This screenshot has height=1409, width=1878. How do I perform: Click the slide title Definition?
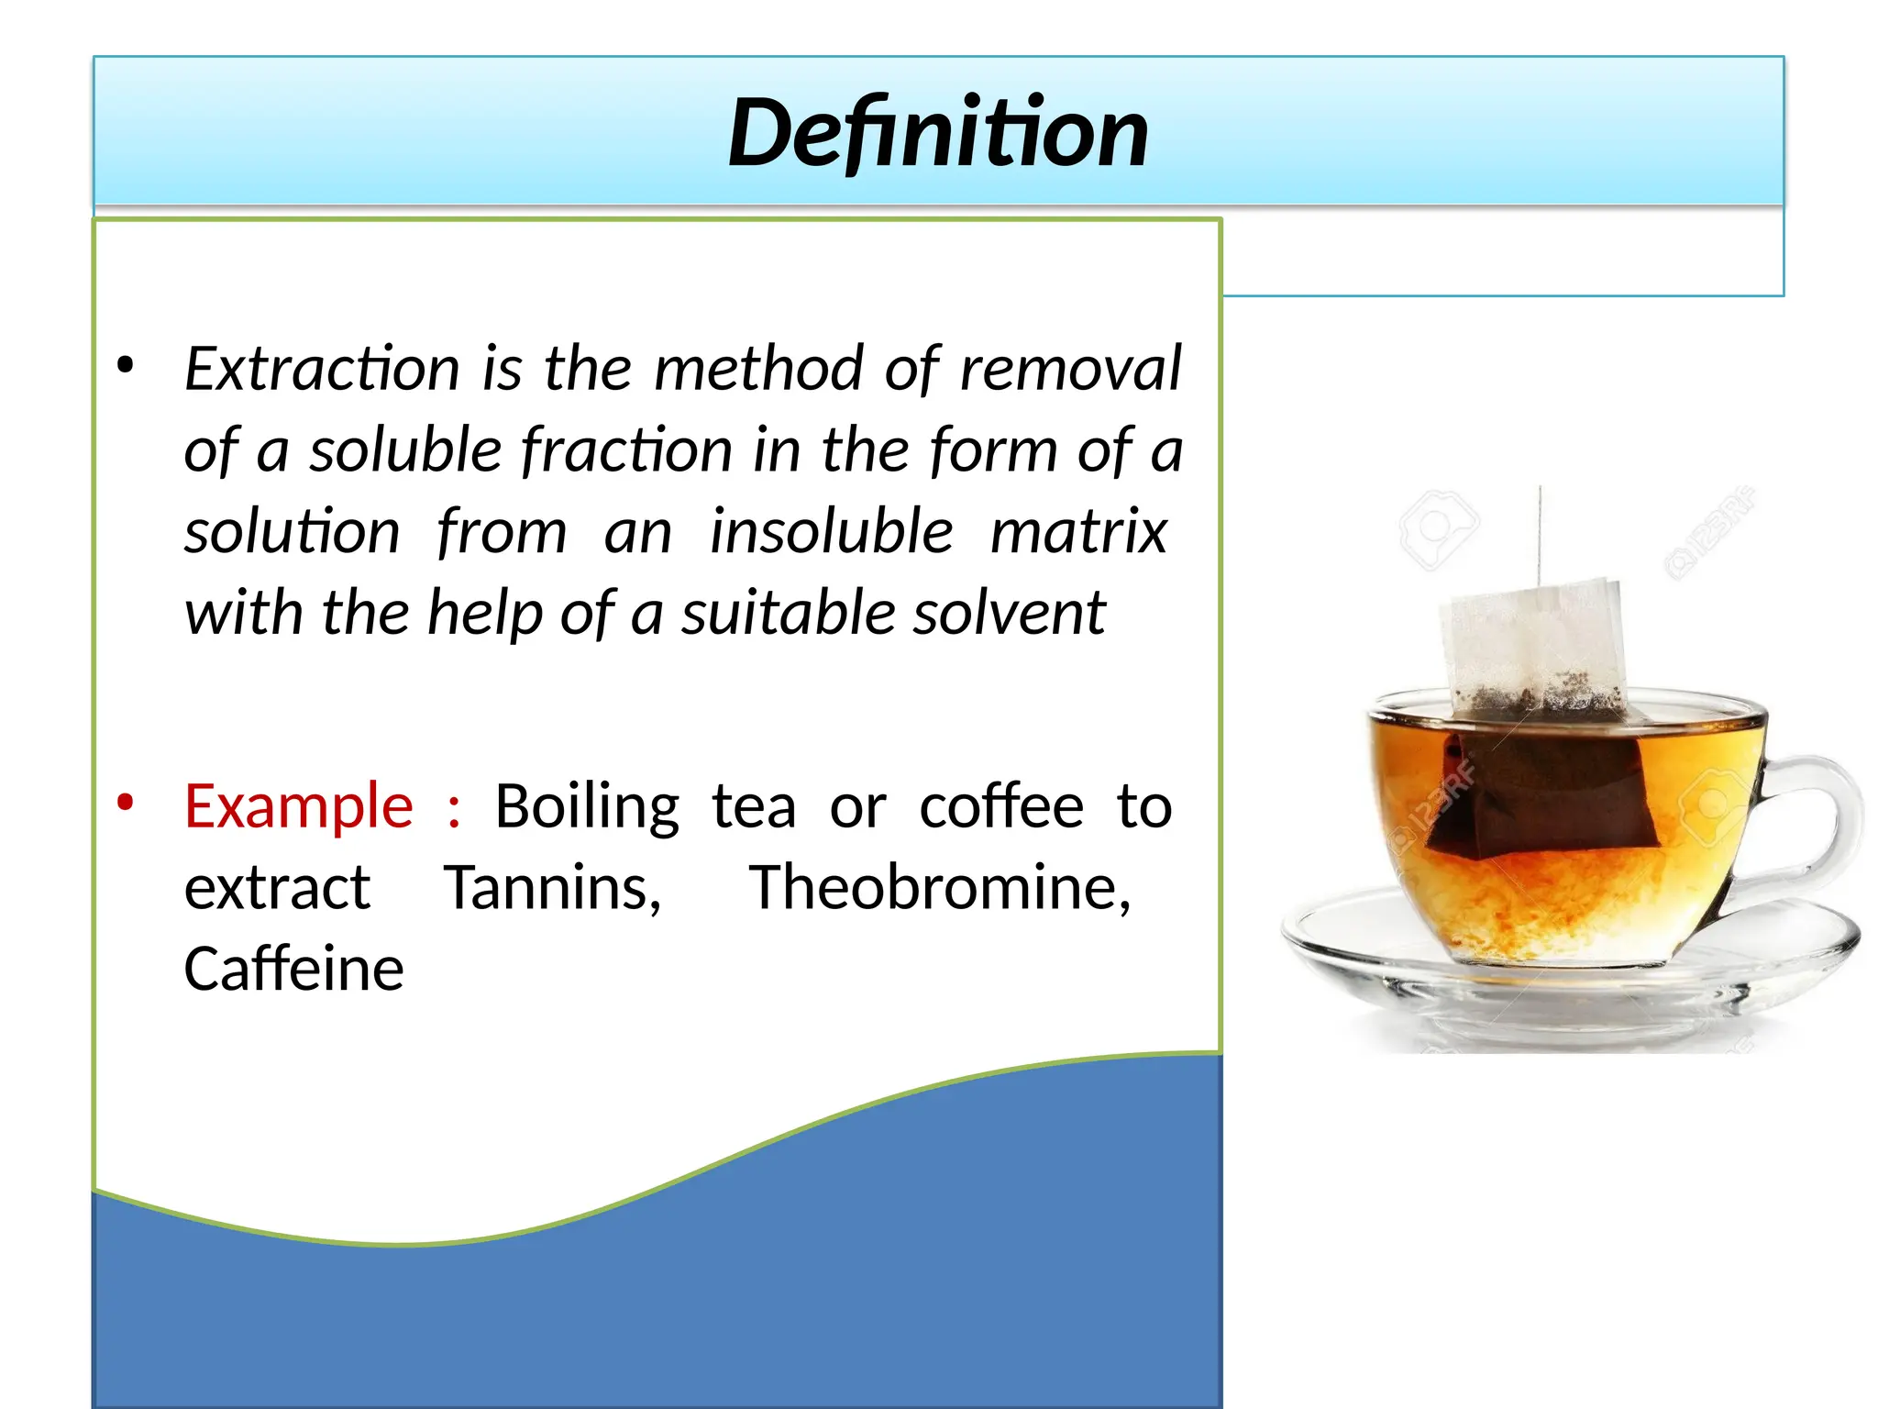tap(937, 133)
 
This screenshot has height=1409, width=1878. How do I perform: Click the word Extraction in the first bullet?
tap(322, 369)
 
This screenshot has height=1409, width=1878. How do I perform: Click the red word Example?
tap(298, 806)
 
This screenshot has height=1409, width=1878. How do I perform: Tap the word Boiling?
tap(587, 806)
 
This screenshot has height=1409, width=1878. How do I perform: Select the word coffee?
tap(1000, 806)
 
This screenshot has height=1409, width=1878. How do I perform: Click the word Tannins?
tap(552, 888)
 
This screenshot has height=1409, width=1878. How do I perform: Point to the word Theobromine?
tap(940, 888)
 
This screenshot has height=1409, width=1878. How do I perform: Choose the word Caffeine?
tap(293, 969)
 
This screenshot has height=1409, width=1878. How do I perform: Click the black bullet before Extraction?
tap(126, 365)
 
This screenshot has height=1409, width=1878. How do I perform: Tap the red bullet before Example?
tap(126, 803)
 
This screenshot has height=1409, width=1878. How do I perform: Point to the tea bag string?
tap(1540, 532)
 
